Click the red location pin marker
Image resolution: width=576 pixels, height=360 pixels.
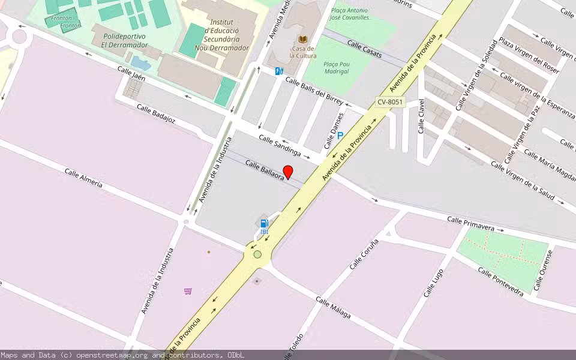[288, 172]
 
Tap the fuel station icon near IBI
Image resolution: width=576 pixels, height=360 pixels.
[264, 223]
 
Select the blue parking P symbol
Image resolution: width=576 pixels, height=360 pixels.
[340, 136]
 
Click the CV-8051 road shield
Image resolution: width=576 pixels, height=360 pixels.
[390, 103]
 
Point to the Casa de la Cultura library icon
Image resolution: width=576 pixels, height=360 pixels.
[302, 39]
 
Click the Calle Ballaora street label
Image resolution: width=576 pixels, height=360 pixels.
[264, 169]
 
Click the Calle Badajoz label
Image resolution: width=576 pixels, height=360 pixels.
[156, 113]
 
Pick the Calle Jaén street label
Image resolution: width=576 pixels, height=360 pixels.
[131, 74]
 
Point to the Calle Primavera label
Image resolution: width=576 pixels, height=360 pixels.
[470, 224]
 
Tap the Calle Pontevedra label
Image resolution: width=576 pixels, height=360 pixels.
[500, 281]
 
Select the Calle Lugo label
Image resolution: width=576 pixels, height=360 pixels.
[434, 283]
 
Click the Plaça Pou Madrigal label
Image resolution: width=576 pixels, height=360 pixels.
[336, 67]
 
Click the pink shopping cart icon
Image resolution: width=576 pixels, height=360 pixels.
[188, 291]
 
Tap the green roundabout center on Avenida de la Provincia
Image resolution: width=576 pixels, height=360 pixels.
[257, 254]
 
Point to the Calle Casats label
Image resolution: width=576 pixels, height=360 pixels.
[364, 49]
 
